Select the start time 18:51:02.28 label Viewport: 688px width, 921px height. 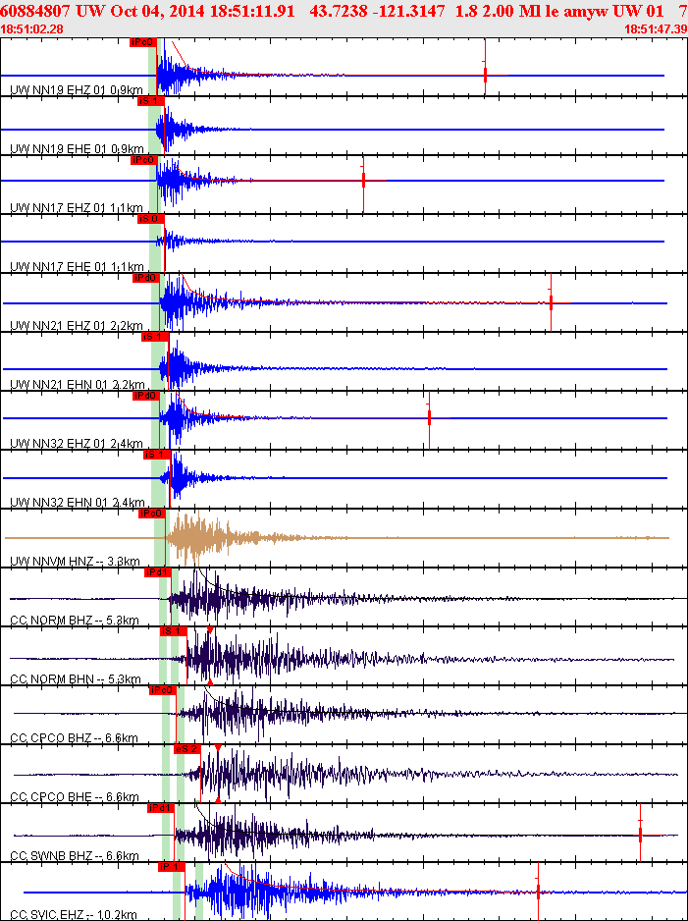(x=32, y=29)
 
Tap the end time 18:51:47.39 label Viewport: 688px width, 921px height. (x=655, y=29)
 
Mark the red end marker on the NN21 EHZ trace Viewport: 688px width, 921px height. (x=551, y=302)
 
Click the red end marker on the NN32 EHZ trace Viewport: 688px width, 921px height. (x=429, y=416)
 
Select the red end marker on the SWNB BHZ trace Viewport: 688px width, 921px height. (x=640, y=835)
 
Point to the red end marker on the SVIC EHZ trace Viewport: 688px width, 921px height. (x=538, y=891)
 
